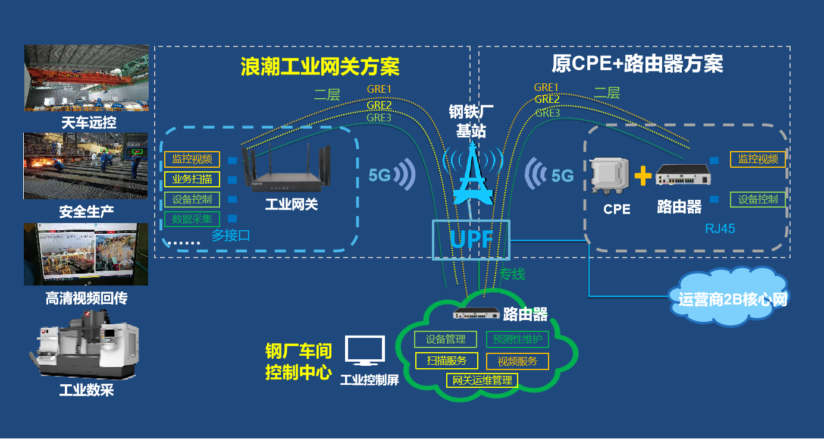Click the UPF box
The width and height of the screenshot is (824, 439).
pos(471,239)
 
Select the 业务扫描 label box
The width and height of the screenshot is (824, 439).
pos(192,179)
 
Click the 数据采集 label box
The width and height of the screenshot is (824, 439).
pos(192,219)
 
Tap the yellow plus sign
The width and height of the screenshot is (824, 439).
pos(643,176)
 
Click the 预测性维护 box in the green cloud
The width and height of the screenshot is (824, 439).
pos(518,340)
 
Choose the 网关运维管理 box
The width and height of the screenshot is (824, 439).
pos(482,380)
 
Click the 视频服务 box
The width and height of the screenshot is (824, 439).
pos(517,361)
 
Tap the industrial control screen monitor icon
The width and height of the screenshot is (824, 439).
pos(365,351)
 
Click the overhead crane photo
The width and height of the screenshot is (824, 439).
pos(87,78)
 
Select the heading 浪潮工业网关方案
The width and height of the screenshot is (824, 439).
pos(319,66)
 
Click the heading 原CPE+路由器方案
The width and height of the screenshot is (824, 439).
pos(637,63)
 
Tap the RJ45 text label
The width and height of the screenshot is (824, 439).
pos(720,228)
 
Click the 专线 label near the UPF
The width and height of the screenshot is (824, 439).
pos(512,274)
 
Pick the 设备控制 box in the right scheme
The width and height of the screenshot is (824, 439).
pos(758,199)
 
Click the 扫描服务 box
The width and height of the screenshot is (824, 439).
pos(446,360)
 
